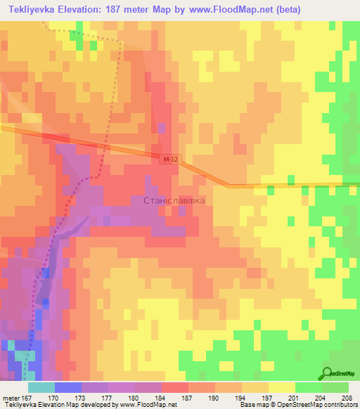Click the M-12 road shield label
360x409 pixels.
tap(167, 160)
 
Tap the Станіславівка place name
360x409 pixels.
tap(174, 201)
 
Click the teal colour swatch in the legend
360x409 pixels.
tap(41, 387)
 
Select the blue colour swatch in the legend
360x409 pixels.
tap(67, 387)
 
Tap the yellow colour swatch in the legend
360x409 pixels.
tap(281, 387)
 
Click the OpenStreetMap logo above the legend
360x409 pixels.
tap(337, 372)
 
